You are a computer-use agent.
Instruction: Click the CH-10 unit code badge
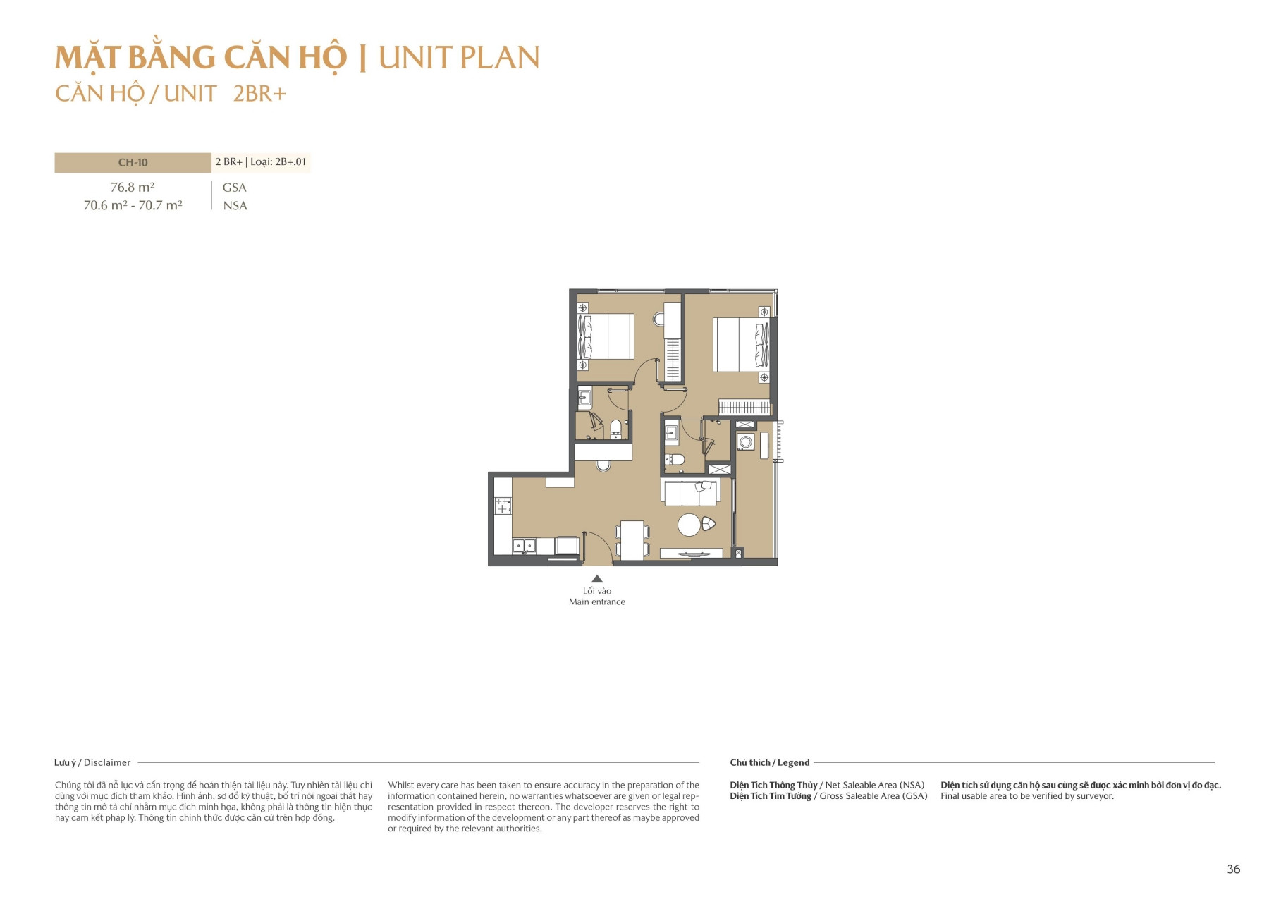click(133, 163)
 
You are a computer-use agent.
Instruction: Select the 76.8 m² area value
click(133, 188)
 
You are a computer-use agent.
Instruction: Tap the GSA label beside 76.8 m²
click(234, 188)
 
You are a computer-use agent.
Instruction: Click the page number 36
click(1233, 869)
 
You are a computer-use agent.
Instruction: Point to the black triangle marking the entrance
click(597, 578)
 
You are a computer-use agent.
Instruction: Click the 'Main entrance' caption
click(597, 602)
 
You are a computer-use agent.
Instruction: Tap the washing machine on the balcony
click(746, 442)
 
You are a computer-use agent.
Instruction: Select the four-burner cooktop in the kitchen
click(503, 506)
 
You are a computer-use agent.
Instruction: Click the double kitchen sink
click(524, 545)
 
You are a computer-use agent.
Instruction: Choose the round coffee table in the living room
click(689, 525)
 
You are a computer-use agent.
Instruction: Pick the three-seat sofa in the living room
click(690, 492)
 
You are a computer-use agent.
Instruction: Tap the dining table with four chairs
click(632, 540)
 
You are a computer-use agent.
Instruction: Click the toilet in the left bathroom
click(615, 429)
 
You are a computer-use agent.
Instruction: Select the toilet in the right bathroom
click(676, 460)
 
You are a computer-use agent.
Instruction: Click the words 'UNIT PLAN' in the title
click(459, 58)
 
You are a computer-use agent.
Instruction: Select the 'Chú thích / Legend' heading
click(769, 762)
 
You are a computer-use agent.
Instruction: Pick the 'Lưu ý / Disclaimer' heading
click(92, 762)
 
